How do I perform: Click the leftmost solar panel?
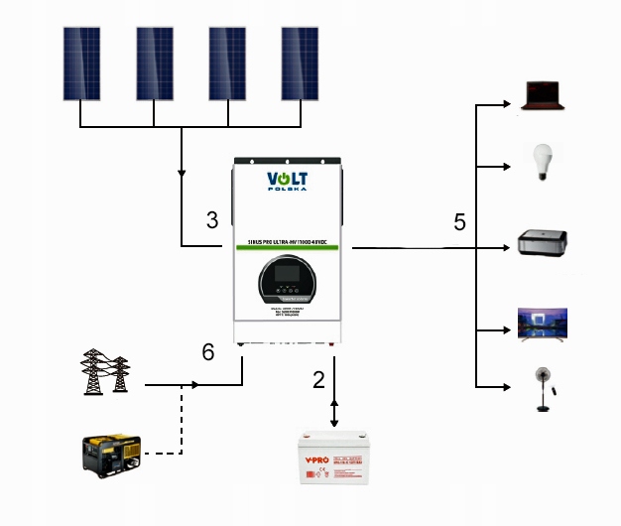tap(82, 62)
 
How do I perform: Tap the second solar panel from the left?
tap(155, 62)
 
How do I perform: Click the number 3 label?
tap(212, 220)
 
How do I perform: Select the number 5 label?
tap(459, 220)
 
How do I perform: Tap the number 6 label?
tap(207, 351)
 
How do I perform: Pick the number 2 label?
tap(318, 378)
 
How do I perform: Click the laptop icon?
tap(545, 94)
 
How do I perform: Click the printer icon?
tap(545, 244)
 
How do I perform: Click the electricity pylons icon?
tap(105, 372)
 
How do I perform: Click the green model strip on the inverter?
tap(288, 241)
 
